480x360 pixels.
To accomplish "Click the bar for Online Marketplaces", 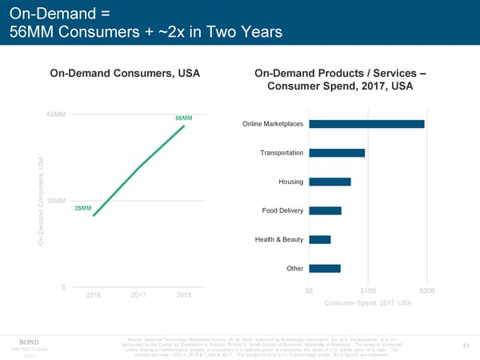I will point(366,124).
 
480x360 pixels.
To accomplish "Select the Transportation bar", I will point(337,153).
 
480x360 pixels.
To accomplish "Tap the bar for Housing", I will point(330,182).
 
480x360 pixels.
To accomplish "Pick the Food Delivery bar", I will point(325,210).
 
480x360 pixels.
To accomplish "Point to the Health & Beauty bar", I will point(319,239).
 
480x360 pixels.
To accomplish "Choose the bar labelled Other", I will point(325,268).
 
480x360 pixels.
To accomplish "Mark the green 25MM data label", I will point(82,209).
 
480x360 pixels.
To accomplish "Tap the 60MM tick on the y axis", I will point(56,114).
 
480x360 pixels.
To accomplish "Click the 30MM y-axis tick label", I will point(56,200).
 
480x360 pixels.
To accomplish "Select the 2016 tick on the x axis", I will point(94,295).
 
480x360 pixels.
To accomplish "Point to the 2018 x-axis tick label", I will point(185,295).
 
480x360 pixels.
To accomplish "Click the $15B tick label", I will point(367,290).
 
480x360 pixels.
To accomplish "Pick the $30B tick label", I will point(426,290).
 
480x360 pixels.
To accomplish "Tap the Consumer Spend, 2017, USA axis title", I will point(367,302).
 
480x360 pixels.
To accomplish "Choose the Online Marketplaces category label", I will point(272,124).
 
